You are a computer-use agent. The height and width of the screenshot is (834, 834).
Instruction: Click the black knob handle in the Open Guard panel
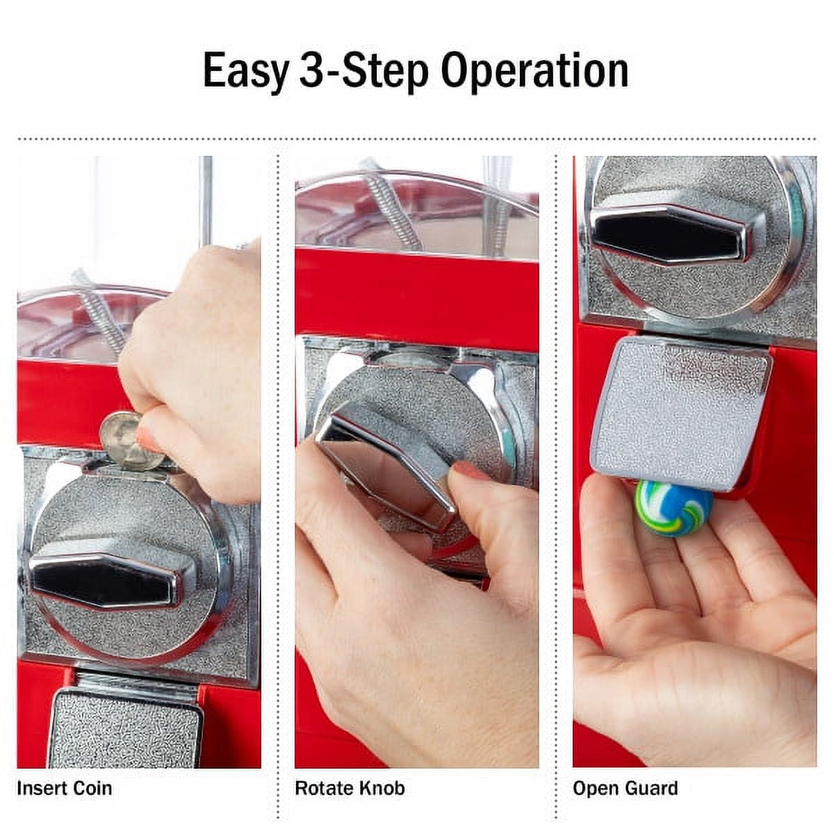click(x=669, y=234)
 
